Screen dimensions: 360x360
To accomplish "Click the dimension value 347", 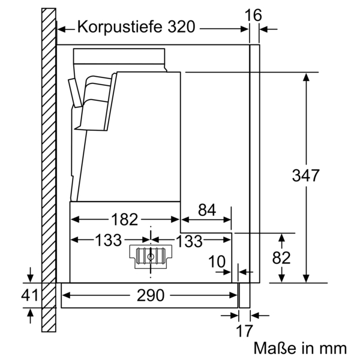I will point(306,176).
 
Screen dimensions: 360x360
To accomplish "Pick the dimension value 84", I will point(206,209).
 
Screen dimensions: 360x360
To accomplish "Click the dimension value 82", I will point(281,257).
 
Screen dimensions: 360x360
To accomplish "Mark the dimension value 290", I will point(150,295).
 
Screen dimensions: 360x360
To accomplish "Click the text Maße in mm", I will point(300,348).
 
